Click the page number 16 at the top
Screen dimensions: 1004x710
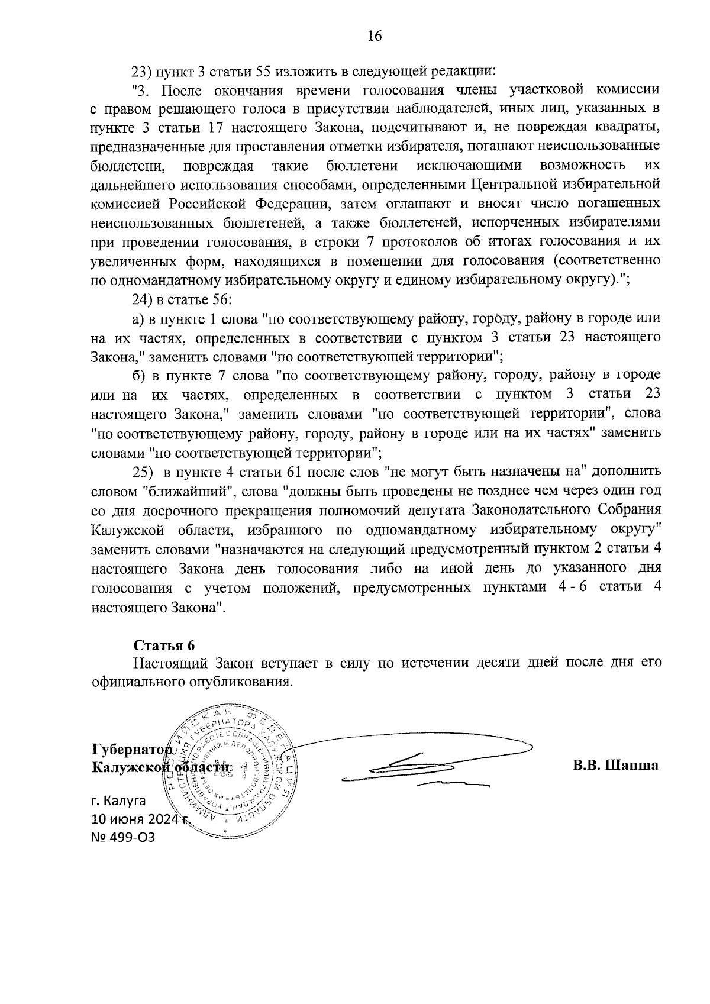pos(375,36)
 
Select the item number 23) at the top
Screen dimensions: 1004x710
pos(142,72)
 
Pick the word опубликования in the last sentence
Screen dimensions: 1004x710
pos(241,681)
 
